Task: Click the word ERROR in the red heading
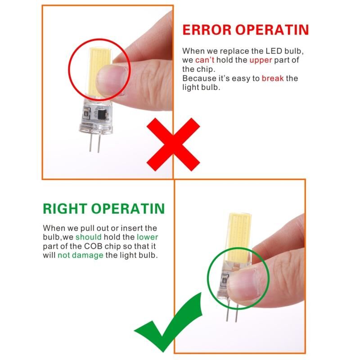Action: pyautogui.click(x=207, y=30)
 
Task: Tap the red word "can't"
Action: pyautogui.click(x=205, y=60)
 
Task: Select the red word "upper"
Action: pyautogui.click(x=261, y=60)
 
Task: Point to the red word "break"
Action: pyautogui.click(x=273, y=78)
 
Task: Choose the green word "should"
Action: pyautogui.click(x=88, y=237)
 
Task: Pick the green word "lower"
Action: pyautogui.click(x=148, y=237)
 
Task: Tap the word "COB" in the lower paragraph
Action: pyautogui.click(x=92, y=246)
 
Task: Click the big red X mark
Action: pyautogui.click(x=173, y=144)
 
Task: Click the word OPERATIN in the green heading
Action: pyautogui.click(x=128, y=208)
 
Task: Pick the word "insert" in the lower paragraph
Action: pyautogui.click(x=131, y=228)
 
